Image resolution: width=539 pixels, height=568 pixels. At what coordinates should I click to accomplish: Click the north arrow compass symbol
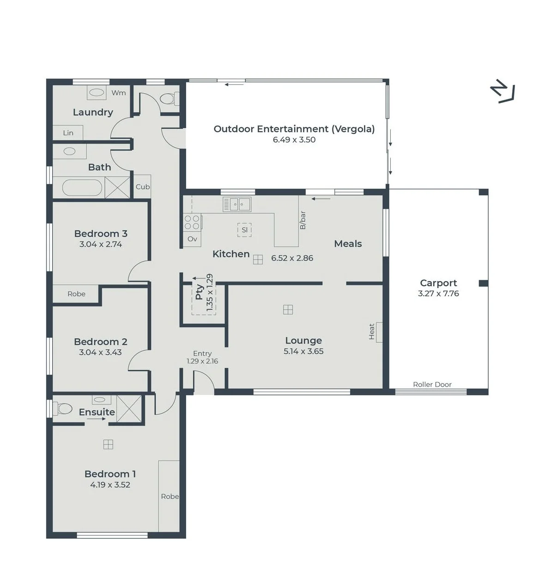[503, 90]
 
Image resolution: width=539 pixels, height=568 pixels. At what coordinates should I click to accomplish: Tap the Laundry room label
[93, 113]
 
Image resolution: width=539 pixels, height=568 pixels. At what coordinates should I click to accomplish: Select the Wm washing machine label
[119, 93]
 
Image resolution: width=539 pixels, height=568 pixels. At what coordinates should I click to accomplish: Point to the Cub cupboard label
[143, 186]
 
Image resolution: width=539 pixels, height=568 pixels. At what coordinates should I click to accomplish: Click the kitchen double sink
[237, 204]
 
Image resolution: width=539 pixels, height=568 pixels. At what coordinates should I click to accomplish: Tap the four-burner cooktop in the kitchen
[193, 222]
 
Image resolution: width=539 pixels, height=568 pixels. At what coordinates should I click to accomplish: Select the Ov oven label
[193, 239]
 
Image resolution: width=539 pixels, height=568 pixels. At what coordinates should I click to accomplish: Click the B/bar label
[303, 220]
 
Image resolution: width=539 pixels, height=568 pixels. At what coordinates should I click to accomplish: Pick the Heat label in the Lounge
[372, 331]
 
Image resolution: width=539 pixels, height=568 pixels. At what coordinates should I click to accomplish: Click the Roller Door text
[432, 384]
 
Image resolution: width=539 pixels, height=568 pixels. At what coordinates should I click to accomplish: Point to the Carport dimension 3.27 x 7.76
[438, 293]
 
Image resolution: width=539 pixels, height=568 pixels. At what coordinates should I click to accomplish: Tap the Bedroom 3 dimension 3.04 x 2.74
[101, 244]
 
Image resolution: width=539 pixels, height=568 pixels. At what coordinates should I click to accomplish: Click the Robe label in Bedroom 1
[170, 496]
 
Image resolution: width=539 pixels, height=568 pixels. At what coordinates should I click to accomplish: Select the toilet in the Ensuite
[62, 408]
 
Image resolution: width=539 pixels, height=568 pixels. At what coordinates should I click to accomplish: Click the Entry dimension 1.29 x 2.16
[202, 361]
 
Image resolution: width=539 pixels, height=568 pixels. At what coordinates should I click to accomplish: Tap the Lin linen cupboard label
[68, 133]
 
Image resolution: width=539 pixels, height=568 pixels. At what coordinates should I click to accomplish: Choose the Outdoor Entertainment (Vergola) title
[294, 129]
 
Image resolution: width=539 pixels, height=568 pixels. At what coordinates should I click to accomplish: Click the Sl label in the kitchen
[244, 230]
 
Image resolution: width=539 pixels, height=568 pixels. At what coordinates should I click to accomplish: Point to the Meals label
[348, 244]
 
